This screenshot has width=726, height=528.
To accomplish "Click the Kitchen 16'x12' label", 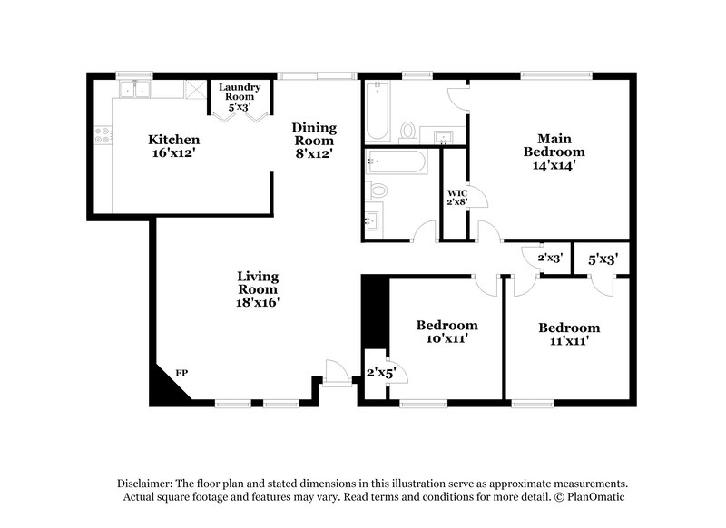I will pos(173,147).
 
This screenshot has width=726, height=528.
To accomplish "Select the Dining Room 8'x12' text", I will pos(313,141).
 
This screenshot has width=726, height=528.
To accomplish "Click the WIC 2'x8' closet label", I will pos(456,197).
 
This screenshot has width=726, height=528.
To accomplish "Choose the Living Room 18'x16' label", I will pos(258,289).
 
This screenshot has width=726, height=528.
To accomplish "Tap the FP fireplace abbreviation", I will pos(181,373).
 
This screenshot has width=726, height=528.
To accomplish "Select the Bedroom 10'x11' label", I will pos(446,331).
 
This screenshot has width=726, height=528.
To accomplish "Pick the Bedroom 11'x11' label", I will pos(569,334).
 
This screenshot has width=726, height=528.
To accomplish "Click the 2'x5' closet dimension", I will pos(378,372).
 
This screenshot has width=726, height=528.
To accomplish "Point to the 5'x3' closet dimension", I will pos(603,259).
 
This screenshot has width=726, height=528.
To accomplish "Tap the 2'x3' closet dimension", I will pos(551,258).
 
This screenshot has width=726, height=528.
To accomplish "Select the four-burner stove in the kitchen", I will pos(103,137).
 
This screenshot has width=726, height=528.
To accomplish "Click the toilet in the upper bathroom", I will pos(407,132).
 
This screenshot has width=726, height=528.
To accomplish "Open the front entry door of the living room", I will pos(337,372).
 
